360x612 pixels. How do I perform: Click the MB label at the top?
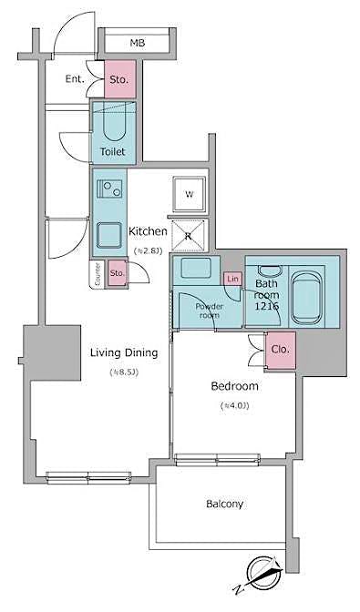137,43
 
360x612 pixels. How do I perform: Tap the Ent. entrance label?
75,79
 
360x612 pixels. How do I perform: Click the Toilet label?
113,152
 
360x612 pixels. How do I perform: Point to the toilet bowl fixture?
114,124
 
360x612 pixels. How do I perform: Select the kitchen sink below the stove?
110,236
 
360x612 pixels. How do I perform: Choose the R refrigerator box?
189,236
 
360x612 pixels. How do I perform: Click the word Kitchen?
148,231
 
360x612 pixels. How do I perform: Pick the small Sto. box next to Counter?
117,272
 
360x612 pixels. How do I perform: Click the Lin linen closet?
233,278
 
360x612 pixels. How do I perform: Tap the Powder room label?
209,311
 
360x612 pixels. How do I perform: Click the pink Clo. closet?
281,349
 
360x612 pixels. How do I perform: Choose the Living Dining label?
123,352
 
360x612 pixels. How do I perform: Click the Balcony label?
224,504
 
